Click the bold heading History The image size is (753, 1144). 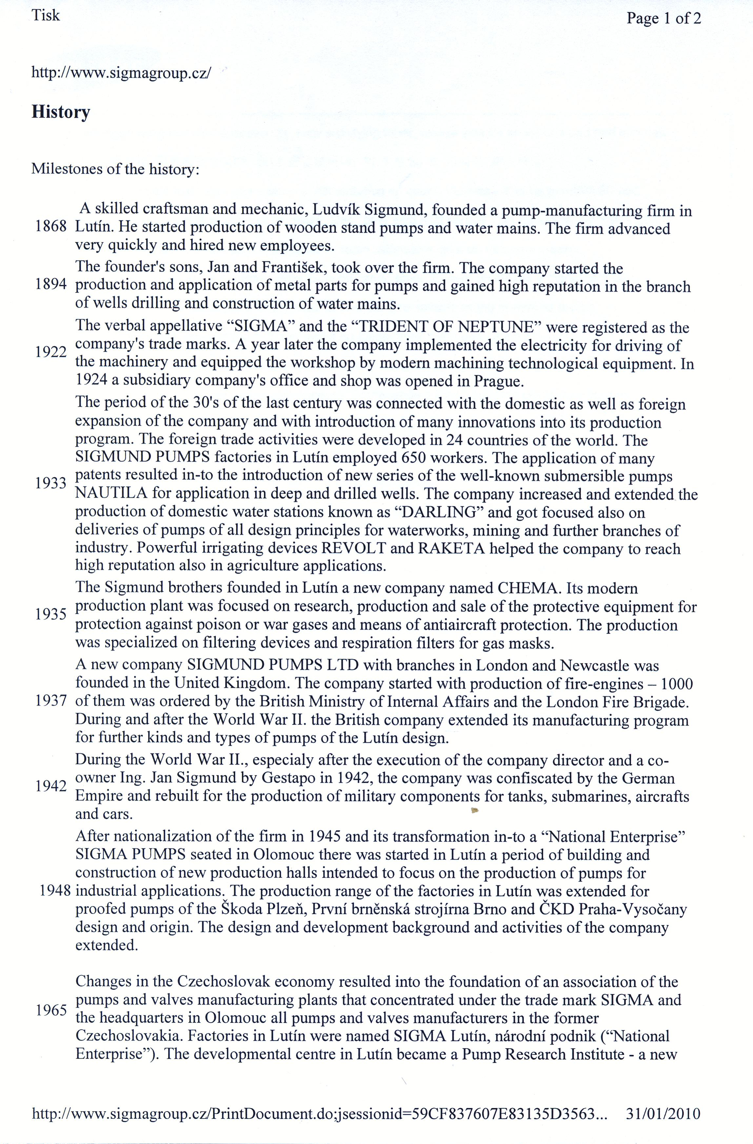(61, 112)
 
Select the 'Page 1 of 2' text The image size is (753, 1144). (664, 18)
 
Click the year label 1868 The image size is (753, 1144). (50, 227)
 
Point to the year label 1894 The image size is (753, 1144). (50, 285)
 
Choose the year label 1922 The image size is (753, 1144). (50, 352)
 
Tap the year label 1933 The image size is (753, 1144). (50, 483)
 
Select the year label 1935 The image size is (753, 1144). (50, 614)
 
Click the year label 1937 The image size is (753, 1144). (50, 701)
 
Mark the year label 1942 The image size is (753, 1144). (50, 786)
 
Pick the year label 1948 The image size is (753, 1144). (55, 891)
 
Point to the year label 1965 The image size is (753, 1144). (50, 1010)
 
